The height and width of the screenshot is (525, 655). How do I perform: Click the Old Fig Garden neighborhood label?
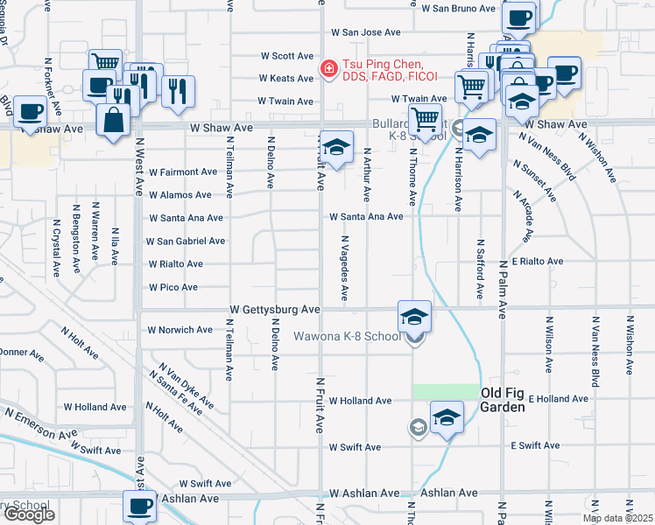point(503,400)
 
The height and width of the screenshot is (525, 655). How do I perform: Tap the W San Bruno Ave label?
point(459,9)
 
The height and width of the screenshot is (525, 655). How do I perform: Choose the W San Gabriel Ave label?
point(186,241)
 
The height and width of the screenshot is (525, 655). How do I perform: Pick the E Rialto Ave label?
point(537,261)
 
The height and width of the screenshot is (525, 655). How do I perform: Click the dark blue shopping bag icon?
point(115,121)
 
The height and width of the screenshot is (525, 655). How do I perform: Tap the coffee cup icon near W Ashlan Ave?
point(139,505)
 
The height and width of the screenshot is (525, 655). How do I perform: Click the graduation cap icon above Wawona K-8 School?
point(414,315)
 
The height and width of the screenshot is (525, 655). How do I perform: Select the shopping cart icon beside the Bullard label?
point(425,118)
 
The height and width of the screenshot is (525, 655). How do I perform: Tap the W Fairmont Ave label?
point(182,172)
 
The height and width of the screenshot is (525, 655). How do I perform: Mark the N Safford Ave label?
point(480,267)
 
